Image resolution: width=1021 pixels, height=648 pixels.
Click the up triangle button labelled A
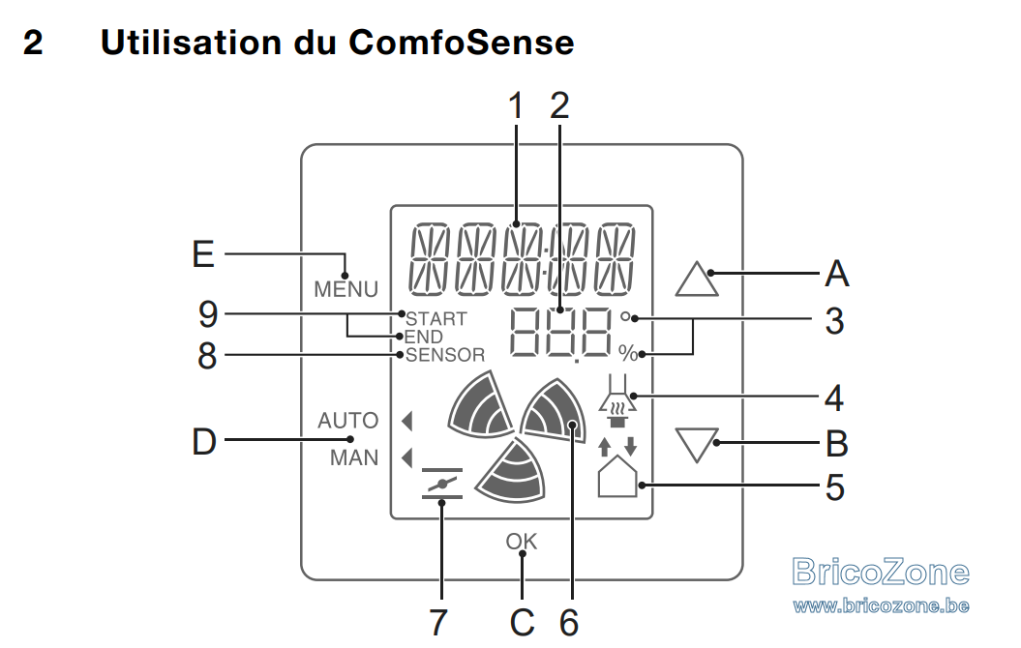(697, 280)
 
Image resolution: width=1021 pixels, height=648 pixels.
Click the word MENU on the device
(345, 289)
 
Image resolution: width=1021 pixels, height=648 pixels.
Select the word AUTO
(347, 421)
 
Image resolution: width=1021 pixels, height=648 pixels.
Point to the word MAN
(353, 457)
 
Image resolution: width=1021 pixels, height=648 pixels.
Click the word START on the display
(436, 319)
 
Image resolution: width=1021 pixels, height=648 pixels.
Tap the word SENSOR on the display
(445, 355)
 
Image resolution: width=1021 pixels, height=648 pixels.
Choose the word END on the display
(424, 337)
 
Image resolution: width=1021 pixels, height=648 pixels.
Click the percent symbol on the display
(628, 353)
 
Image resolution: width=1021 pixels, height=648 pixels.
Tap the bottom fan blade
(513, 471)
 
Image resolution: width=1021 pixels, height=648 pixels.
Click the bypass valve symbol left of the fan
(442, 484)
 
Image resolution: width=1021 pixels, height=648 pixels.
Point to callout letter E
(203, 253)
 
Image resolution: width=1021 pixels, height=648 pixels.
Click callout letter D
(204, 442)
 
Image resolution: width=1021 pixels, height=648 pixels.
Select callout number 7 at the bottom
(438, 623)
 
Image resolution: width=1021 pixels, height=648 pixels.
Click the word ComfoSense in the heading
(461, 43)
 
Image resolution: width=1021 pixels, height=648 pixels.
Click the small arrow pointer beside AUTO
(407, 421)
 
